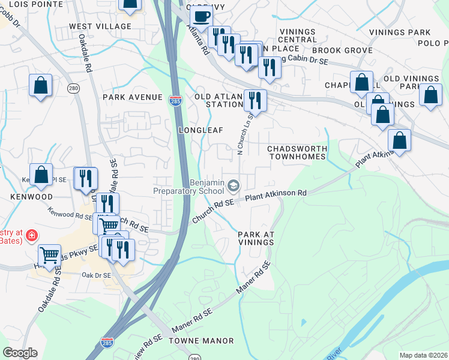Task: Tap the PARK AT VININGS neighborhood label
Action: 256,238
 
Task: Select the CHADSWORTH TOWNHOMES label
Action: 297,152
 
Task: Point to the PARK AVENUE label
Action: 133,97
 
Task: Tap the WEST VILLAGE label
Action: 100,26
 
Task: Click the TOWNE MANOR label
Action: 205,341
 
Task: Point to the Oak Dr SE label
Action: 96,275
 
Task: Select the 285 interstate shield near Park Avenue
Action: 175,98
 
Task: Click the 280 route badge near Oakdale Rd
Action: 73,89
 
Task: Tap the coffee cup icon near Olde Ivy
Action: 201,16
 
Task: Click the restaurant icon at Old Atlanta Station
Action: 255,100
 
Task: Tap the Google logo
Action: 20,353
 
